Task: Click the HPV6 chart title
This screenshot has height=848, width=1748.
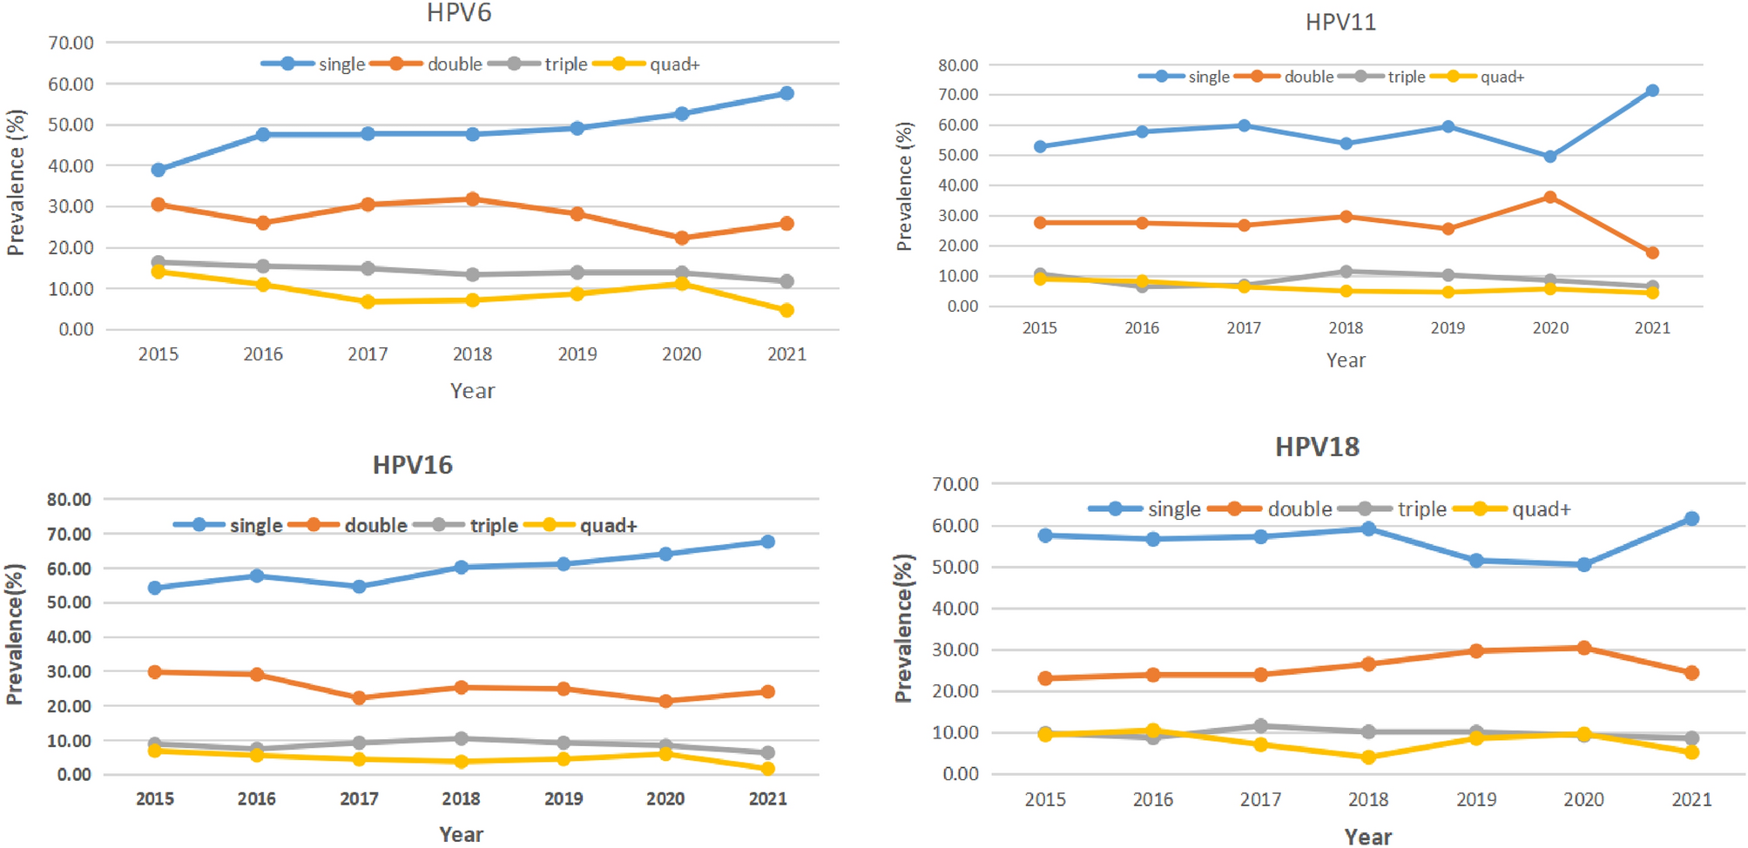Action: (x=459, y=13)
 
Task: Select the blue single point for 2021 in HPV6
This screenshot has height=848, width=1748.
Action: (x=786, y=93)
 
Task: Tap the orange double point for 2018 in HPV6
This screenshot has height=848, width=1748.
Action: (x=472, y=199)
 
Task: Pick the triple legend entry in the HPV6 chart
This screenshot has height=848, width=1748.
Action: (x=565, y=64)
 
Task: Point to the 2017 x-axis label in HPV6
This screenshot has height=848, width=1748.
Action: (x=368, y=354)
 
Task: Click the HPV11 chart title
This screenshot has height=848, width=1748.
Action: (x=1340, y=23)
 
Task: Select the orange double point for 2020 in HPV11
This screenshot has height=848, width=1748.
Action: (x=1550, y=198)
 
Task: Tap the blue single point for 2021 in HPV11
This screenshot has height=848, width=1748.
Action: (x=1652, y=91)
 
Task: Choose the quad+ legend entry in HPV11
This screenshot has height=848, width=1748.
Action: (x=1502, y=77)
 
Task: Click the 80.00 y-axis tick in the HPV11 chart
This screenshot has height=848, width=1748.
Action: (x=958, y=65)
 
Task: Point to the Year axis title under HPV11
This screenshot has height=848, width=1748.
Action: (x=1346, y=360)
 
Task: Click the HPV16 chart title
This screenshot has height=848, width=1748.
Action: (x=412, y=465)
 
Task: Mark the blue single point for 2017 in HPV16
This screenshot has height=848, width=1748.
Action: (x=359, y=587)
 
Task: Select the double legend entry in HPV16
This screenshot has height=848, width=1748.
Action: (x=375, y=526)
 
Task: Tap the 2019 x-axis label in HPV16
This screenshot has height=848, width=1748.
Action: (x=564, y=799)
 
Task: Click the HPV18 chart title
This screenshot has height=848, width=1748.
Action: (x=1317, y=448)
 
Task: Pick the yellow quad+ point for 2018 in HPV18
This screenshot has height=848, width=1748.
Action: (x=1368, y=757)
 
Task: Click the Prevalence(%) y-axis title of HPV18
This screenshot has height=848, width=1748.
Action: (x=903, y=628)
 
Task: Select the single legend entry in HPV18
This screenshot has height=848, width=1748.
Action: (x=1173, y=509)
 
